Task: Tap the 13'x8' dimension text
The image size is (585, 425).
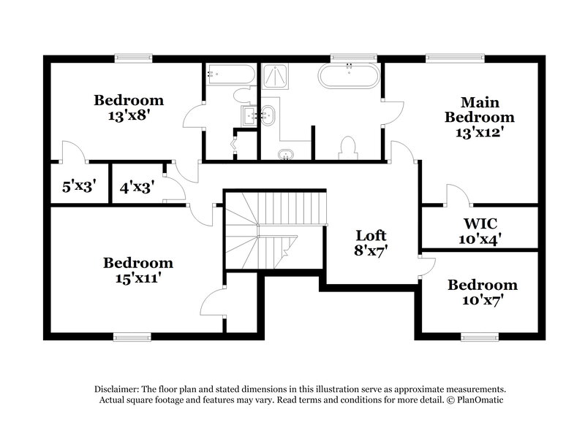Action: [x=128, y=115]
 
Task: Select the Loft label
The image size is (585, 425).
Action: [x=371, y=236]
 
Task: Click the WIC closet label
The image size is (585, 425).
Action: [x=480, y=221]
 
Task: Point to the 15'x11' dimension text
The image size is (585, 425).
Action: [x=137, y=277]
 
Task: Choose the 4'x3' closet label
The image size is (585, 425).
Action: [x=136, y=186]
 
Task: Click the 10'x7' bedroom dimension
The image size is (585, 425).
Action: [x=482, y=299]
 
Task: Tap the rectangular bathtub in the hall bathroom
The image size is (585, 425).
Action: [x=230, y=74]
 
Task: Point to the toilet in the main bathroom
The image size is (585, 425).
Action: [x=348, y=148]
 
